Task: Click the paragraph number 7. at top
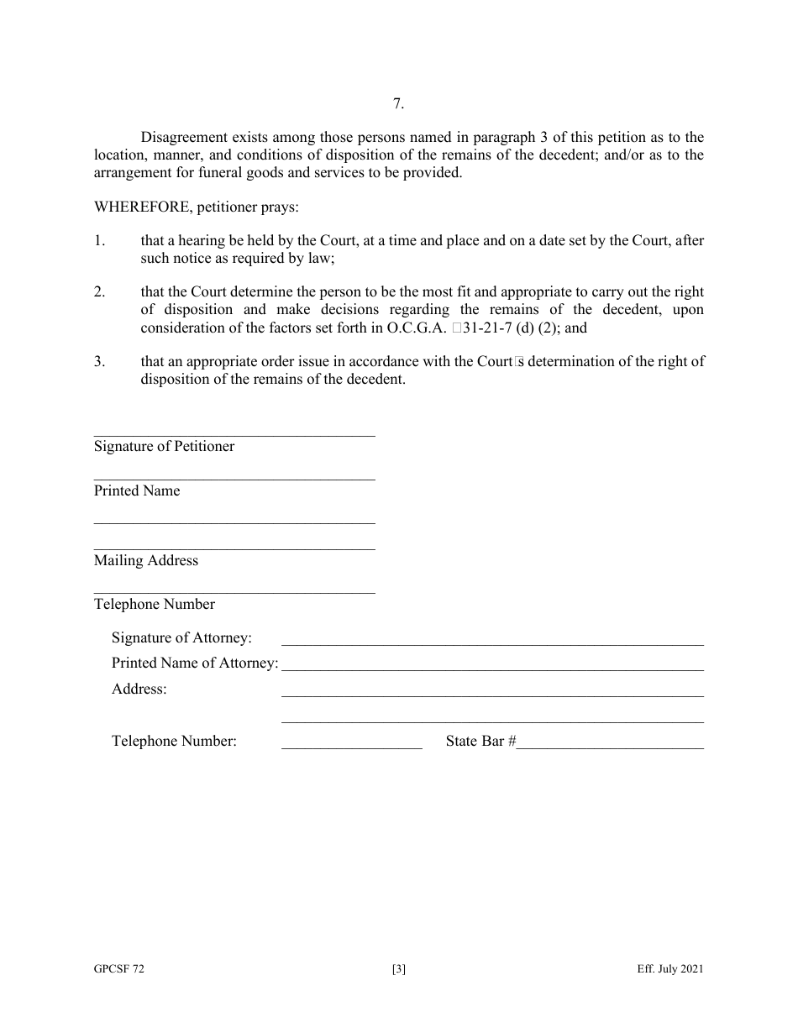[x=398, y=104]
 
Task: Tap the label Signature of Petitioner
[x=164, y=446]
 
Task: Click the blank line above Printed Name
[x=234, y=479]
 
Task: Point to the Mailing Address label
[x=146, y=560]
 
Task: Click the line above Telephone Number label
[x=234, y=593]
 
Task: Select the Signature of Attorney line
[x=492, y=643]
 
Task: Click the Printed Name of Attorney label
[x=194, y=663]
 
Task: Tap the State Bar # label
[x=480, y=741]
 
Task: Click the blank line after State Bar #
[x=610, y=747]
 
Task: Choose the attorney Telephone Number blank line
[x=351, y=747]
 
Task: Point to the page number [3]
[x=398, y=969]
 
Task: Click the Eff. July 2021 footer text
[x=669, y=969]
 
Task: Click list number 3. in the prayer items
[x=99, y=361]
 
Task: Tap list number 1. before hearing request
[x=99, y=241]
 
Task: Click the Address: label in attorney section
[x=139, y=689]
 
